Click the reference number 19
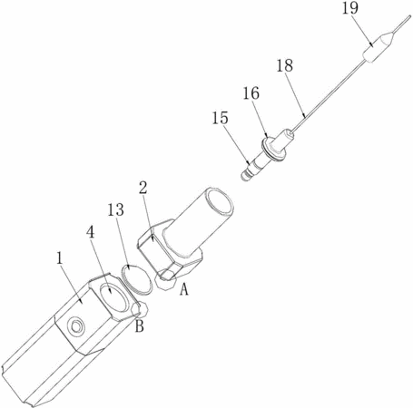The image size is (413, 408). pyautogui.click(x=350, y=8)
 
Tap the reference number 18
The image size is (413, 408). pyautogui.click(x=285, y=65)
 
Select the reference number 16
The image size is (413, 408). pyautogui.click(x=251, y=93)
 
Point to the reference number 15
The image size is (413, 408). pyautogui.click(x=220, y=118)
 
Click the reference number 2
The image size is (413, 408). pyautogui.click(x=143, y=188)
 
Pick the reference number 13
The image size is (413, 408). pyautogui.click(x=116, y=209)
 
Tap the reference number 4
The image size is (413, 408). pyautogui.click(x=91, y=232)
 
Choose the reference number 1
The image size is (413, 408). pyautogui.click(x=60, y=258)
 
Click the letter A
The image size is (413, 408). pyautogui.click(x=184, y=289)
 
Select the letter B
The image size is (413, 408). pyautogui.click(x=140, y=325)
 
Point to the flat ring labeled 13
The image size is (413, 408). pyautogui.click(x=137, y=279)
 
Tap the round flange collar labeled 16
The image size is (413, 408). pyautogui.click(x=273, y=148)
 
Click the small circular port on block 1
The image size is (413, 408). pyautogui.click(x=75, y=326)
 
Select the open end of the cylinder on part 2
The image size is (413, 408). pyautogui.click(x=218, y=204)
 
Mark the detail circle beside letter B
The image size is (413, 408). pyautogui.click(x=140, y=310)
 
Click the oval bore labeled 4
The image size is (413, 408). pyautogui.click(x=113, y=297)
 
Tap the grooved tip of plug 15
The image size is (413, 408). pyautogui.click(x=246, y=175)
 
